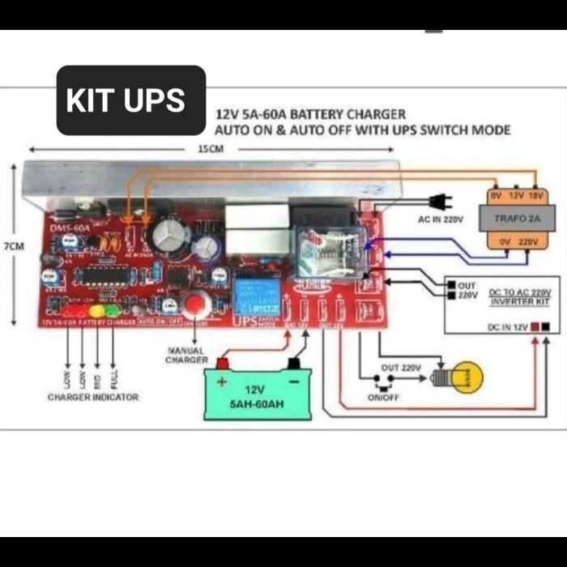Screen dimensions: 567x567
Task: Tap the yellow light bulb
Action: coord(467,377)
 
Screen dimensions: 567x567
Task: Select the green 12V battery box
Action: coord(258,392)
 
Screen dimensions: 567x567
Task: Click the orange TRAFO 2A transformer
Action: coord(515,219)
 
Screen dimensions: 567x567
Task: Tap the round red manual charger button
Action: coord(194,305)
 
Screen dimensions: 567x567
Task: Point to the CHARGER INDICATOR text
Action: coord(93,397)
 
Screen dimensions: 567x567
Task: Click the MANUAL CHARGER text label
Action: coord(187,355)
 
